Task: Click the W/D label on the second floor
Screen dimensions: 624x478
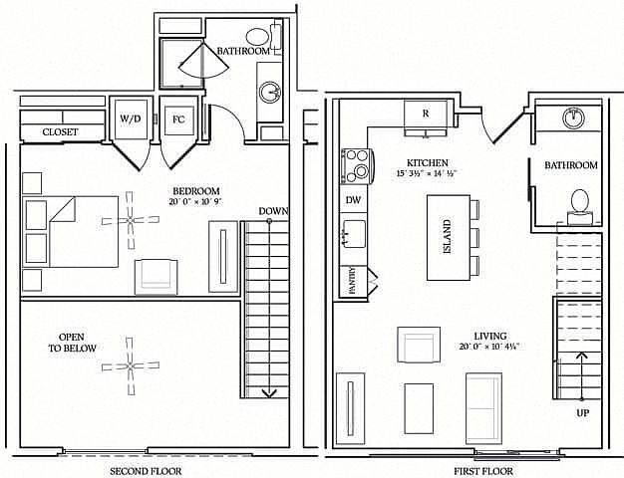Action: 131,119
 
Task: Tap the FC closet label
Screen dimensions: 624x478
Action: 178,119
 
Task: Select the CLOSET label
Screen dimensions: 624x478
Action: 60,132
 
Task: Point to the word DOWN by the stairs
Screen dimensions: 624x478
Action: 273,211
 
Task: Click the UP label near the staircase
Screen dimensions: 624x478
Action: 583,413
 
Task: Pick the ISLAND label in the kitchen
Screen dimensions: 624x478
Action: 448,237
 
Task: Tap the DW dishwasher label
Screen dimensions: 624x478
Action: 353,200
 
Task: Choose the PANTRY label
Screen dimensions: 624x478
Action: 352,281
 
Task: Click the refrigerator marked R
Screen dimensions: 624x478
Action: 426,119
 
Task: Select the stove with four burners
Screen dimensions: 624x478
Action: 357,166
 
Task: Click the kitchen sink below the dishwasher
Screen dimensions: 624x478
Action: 354,234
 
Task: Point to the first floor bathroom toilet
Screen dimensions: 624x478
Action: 580,207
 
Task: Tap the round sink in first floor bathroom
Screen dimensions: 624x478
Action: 573,119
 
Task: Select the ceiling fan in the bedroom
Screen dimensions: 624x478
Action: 131,220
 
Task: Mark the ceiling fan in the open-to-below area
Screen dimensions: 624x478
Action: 131,365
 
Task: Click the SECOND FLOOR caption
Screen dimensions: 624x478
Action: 146,472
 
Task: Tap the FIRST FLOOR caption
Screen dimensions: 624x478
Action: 483,472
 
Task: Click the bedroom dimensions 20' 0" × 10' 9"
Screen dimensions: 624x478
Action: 195,201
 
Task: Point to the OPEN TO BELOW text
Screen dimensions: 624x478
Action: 72,343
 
